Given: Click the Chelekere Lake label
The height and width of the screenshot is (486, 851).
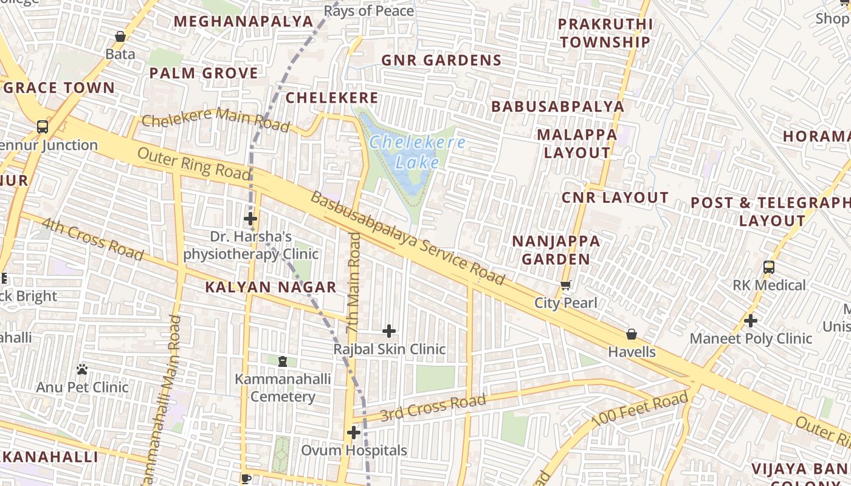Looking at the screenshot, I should [x=417, y=152].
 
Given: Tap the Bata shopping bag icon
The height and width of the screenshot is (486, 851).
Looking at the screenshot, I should [x=120, y=36].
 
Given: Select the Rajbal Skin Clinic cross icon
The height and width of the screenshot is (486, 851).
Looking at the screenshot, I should [x=389, y=331].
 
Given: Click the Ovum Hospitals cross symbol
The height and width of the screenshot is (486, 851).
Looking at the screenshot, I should [x=354, y=433].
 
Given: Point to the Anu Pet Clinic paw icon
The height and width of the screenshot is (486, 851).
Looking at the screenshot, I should [x=82, y=369].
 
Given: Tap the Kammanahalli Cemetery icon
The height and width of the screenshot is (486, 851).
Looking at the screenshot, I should [x=282, y=361].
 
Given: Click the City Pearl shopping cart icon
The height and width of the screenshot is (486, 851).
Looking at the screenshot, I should [x=566, y=285].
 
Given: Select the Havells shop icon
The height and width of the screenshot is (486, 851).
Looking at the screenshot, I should [x=632, y=334].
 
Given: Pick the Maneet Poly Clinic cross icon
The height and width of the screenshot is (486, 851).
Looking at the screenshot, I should [x=751, y=321].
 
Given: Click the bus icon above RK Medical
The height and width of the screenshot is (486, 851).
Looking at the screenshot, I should [x=769, y=267].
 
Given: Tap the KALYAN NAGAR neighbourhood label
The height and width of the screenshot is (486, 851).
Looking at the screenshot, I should [x=270, y=287].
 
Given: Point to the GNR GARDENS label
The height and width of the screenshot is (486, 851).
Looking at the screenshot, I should [x=441, y=60].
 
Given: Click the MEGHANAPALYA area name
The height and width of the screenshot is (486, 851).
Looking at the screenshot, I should [x=243, y=21].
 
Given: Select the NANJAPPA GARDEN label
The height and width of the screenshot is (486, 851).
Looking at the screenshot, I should [x=556, y=250].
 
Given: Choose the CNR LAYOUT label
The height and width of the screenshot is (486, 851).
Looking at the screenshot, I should [x=615, y=197].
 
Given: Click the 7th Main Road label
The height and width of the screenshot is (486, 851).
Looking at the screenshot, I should [x=353, y=282].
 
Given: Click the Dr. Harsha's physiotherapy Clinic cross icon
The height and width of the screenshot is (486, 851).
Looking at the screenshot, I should [x=250, y=219].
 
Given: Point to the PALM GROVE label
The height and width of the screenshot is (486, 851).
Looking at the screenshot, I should [x=204, y=74].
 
